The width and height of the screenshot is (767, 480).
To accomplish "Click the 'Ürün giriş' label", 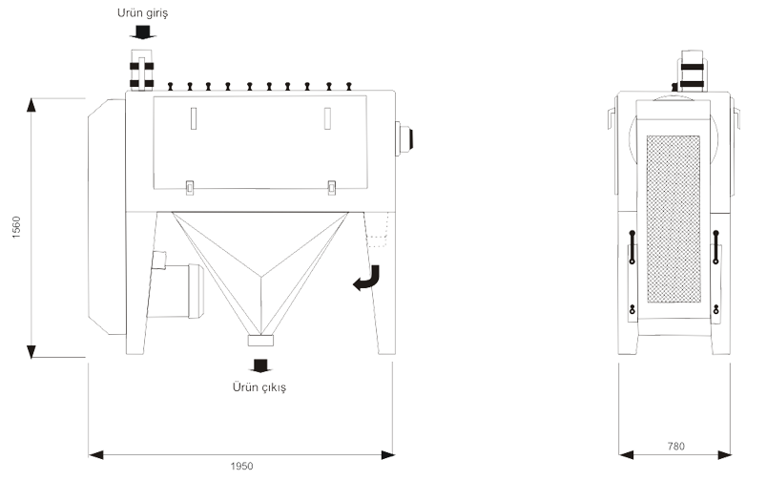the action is click(x=142, y=13).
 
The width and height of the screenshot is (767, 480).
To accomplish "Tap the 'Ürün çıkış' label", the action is click(x=259, y=387).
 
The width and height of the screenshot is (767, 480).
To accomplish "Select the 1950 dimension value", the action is click(x=241, y=466).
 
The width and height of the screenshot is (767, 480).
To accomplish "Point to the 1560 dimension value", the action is click(x=16, y=227).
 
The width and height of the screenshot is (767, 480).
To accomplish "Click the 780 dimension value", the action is click(x=676, y=447).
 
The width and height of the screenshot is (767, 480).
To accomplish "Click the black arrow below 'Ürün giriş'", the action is click(x=142, y=33).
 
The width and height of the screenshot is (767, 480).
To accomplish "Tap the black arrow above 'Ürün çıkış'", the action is click(x=259, y=365).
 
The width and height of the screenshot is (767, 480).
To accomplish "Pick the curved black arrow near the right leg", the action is click(x=367, y=278).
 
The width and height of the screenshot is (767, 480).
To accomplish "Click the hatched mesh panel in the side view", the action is click(x=674, y=219).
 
